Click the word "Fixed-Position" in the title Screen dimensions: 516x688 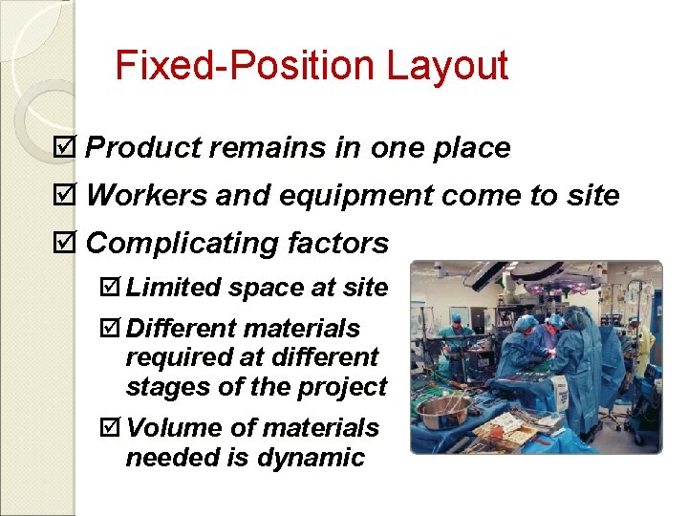(245, 66)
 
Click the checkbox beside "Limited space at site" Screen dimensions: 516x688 (113, 288)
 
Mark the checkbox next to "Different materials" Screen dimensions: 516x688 (113, 329)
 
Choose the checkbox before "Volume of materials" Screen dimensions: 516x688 (113, 428)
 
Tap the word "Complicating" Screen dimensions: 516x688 (181, 244)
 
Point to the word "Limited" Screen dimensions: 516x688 (168, 288)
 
